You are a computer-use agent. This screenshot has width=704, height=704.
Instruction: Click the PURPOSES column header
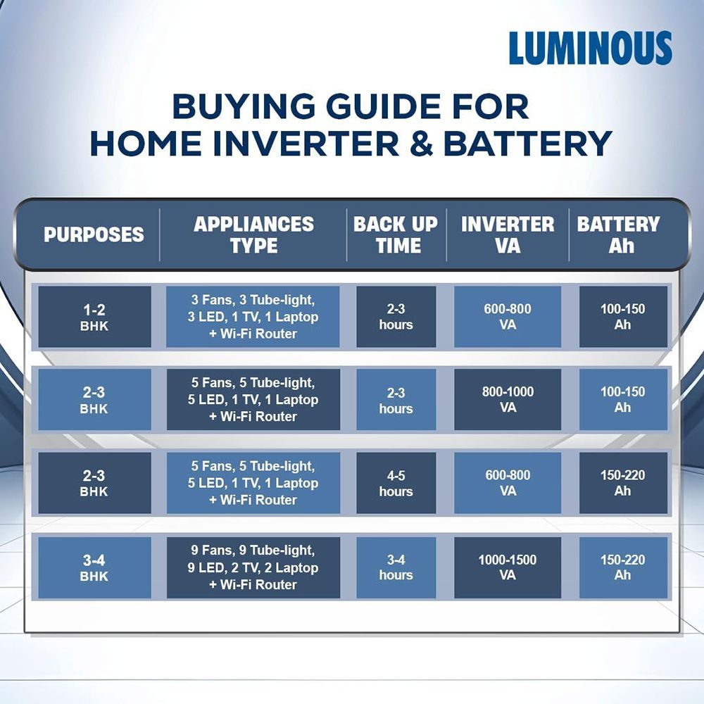94,234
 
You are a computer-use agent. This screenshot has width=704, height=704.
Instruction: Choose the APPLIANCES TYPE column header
253,234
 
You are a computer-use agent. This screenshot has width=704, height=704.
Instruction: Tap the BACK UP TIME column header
396,234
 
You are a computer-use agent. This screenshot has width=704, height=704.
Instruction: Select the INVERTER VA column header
508,234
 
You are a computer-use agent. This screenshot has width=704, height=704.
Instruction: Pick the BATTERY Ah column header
618,234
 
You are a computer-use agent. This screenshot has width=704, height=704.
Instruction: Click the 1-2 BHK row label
94,317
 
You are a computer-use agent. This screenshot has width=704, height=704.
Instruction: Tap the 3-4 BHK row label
94,567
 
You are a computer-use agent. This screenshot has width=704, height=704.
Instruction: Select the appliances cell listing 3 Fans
253,317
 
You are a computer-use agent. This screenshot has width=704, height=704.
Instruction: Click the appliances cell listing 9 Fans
253,567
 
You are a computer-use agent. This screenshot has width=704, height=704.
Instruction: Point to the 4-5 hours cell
396,484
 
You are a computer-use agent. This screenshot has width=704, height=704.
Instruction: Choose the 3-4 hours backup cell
396,567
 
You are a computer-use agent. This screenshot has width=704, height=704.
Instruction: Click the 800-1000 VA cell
508,400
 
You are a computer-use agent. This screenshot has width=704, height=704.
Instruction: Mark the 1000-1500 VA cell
508,567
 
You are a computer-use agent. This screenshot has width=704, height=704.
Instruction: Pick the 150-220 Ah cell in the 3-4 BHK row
622,567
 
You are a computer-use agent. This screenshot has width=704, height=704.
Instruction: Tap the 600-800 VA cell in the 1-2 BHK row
508,317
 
